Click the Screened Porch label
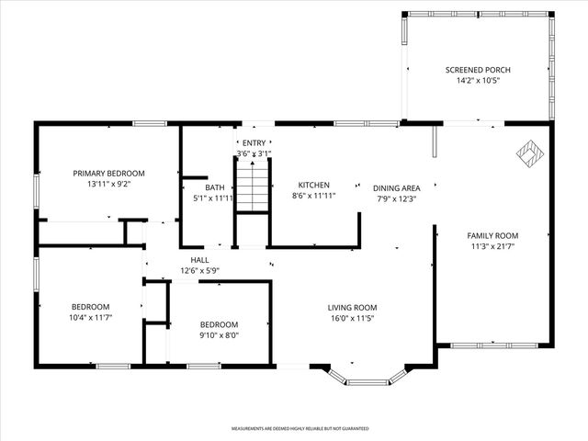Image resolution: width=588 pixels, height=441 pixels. tap(478, 70)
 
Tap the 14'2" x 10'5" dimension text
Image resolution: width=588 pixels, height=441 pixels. tap(478, 81)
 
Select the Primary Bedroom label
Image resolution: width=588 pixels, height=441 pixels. tap(109, 173)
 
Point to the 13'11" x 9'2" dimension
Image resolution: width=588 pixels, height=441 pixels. tap(109, 184)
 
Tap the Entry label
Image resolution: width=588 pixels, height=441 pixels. tap(253, 142)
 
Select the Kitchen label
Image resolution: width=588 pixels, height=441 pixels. tap(313, 185)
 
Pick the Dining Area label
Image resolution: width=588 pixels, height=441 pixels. tap(396, 187)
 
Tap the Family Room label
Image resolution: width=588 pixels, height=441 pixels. tap(493, 235)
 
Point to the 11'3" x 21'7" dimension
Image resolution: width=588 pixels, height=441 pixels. tap(493, 246)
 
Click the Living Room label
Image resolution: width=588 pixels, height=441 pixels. tap(353, 308)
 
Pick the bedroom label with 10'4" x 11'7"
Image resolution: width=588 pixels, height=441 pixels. tap(91, 307)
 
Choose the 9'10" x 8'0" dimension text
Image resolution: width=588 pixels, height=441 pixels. tap(220, 335)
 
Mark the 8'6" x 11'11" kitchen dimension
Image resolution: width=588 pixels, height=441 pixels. tap(313, 196)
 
